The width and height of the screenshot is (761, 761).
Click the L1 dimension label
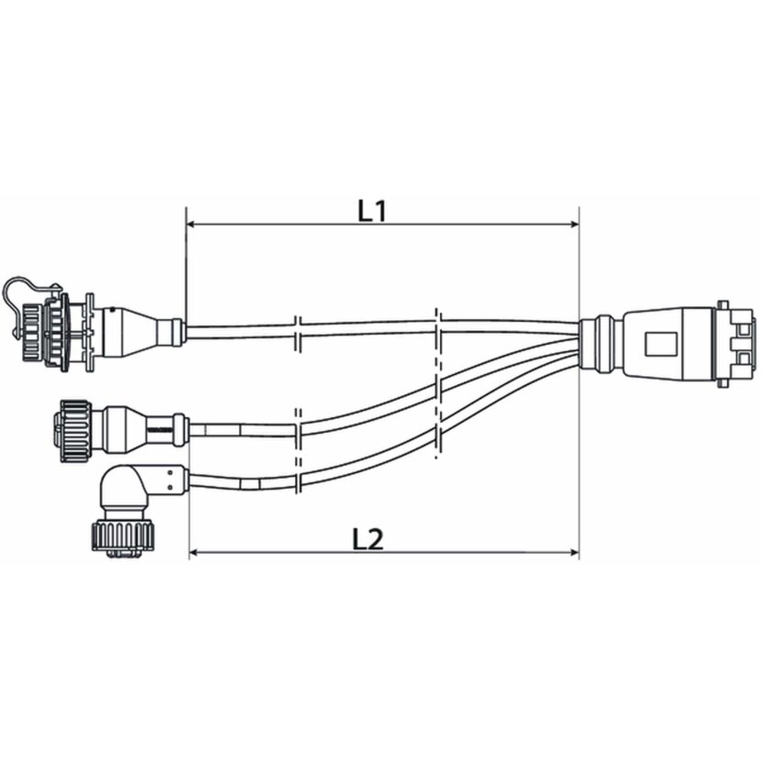click(x=371, y=211)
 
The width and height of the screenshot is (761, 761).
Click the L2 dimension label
click(x=367, y=539)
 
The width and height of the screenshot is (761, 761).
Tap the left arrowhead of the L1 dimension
click(x=192, y=224)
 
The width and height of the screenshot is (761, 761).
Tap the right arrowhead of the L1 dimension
click(x=574, y=224)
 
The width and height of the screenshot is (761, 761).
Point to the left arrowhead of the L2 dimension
click(x=194, y=553)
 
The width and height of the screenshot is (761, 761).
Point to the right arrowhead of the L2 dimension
click(x=574, y=553)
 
